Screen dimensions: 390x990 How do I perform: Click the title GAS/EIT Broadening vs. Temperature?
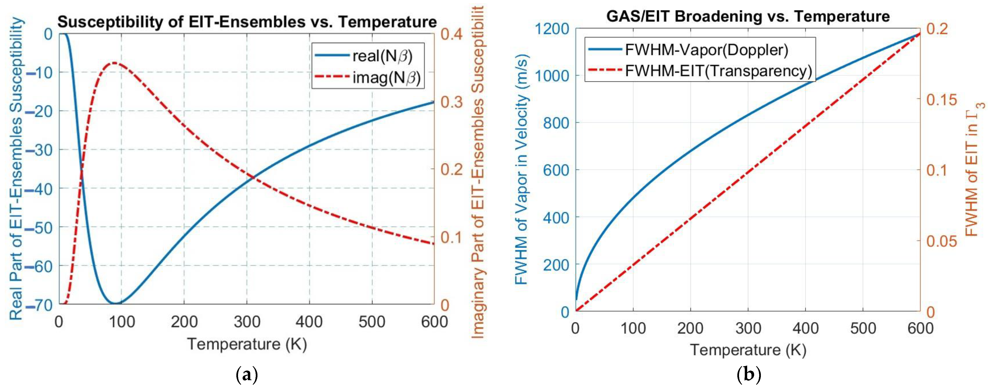pyautogui.click(x=748, y=17)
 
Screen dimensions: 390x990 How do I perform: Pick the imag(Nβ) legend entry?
pyautogui.click(x=386, y=78)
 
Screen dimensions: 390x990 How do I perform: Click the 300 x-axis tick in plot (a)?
pyautogui.click(x=247, y=322)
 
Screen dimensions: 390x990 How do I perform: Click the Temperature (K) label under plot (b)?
pyautogui.click(x=748, y=350)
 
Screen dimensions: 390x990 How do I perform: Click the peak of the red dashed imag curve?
pyautogui.click(x=114, y=63)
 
